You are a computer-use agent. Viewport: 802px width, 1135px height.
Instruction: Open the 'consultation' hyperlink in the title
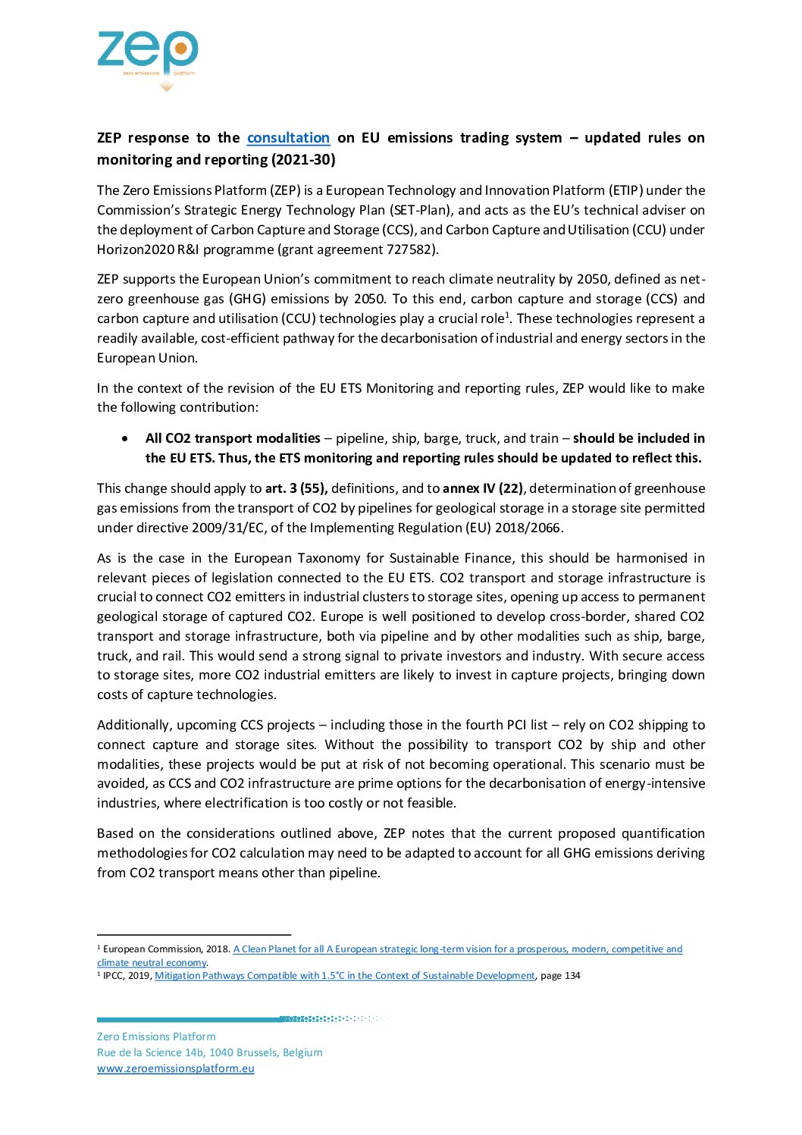[288, 138]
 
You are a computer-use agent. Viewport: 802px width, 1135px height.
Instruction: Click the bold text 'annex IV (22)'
[482, 489]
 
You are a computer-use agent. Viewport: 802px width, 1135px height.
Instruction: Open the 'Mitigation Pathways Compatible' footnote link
[344, 976]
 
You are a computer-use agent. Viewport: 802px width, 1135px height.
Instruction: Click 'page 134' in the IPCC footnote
[560, 976]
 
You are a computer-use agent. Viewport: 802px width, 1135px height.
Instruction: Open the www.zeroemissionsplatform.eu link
[175, 1069]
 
